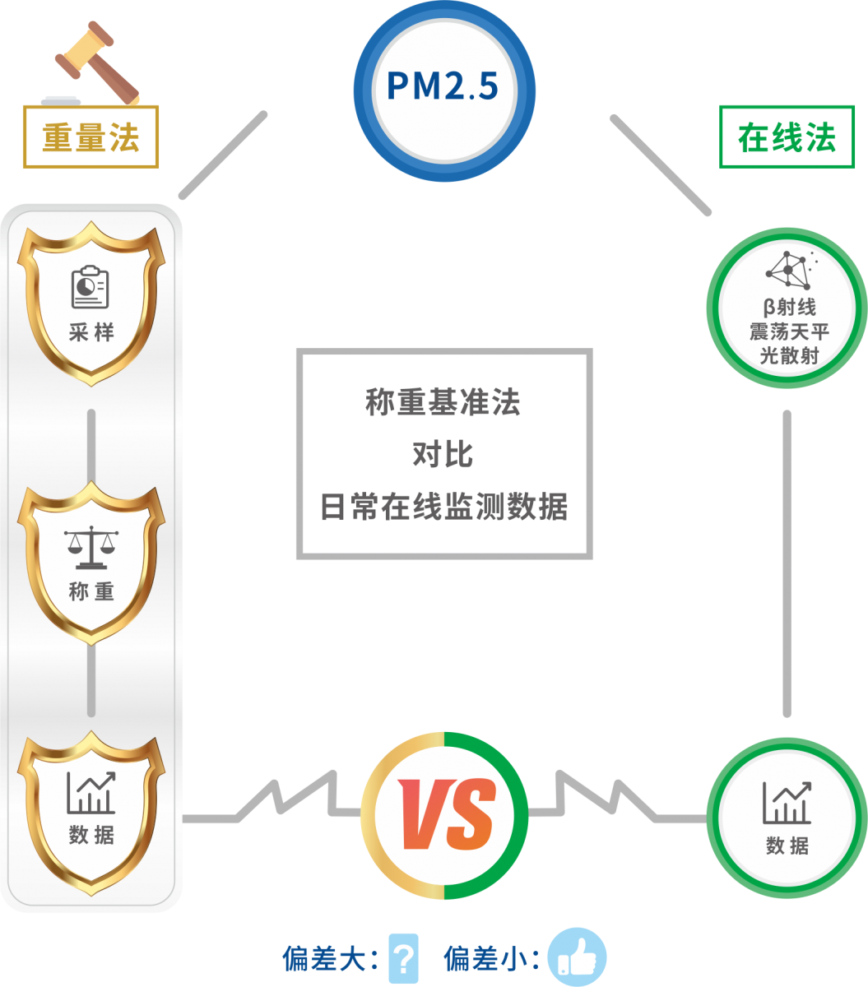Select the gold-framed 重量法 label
(91, 137)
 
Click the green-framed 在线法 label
(787, 137)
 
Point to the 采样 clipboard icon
(91, 287)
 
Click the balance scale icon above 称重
(91, 548)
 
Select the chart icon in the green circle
(787, 802)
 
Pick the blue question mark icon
(403, 957)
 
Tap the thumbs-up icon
(577, 957)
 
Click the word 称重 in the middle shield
(91, 591)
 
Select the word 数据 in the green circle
(787, 845)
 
